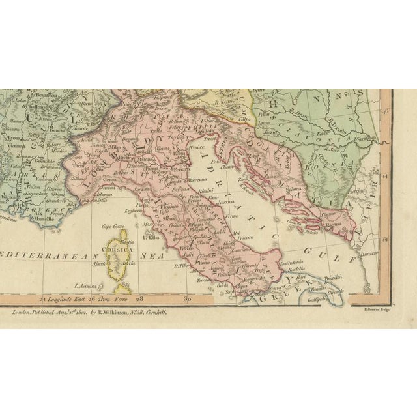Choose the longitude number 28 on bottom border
139,300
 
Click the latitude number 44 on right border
384,176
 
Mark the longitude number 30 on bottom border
186,300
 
